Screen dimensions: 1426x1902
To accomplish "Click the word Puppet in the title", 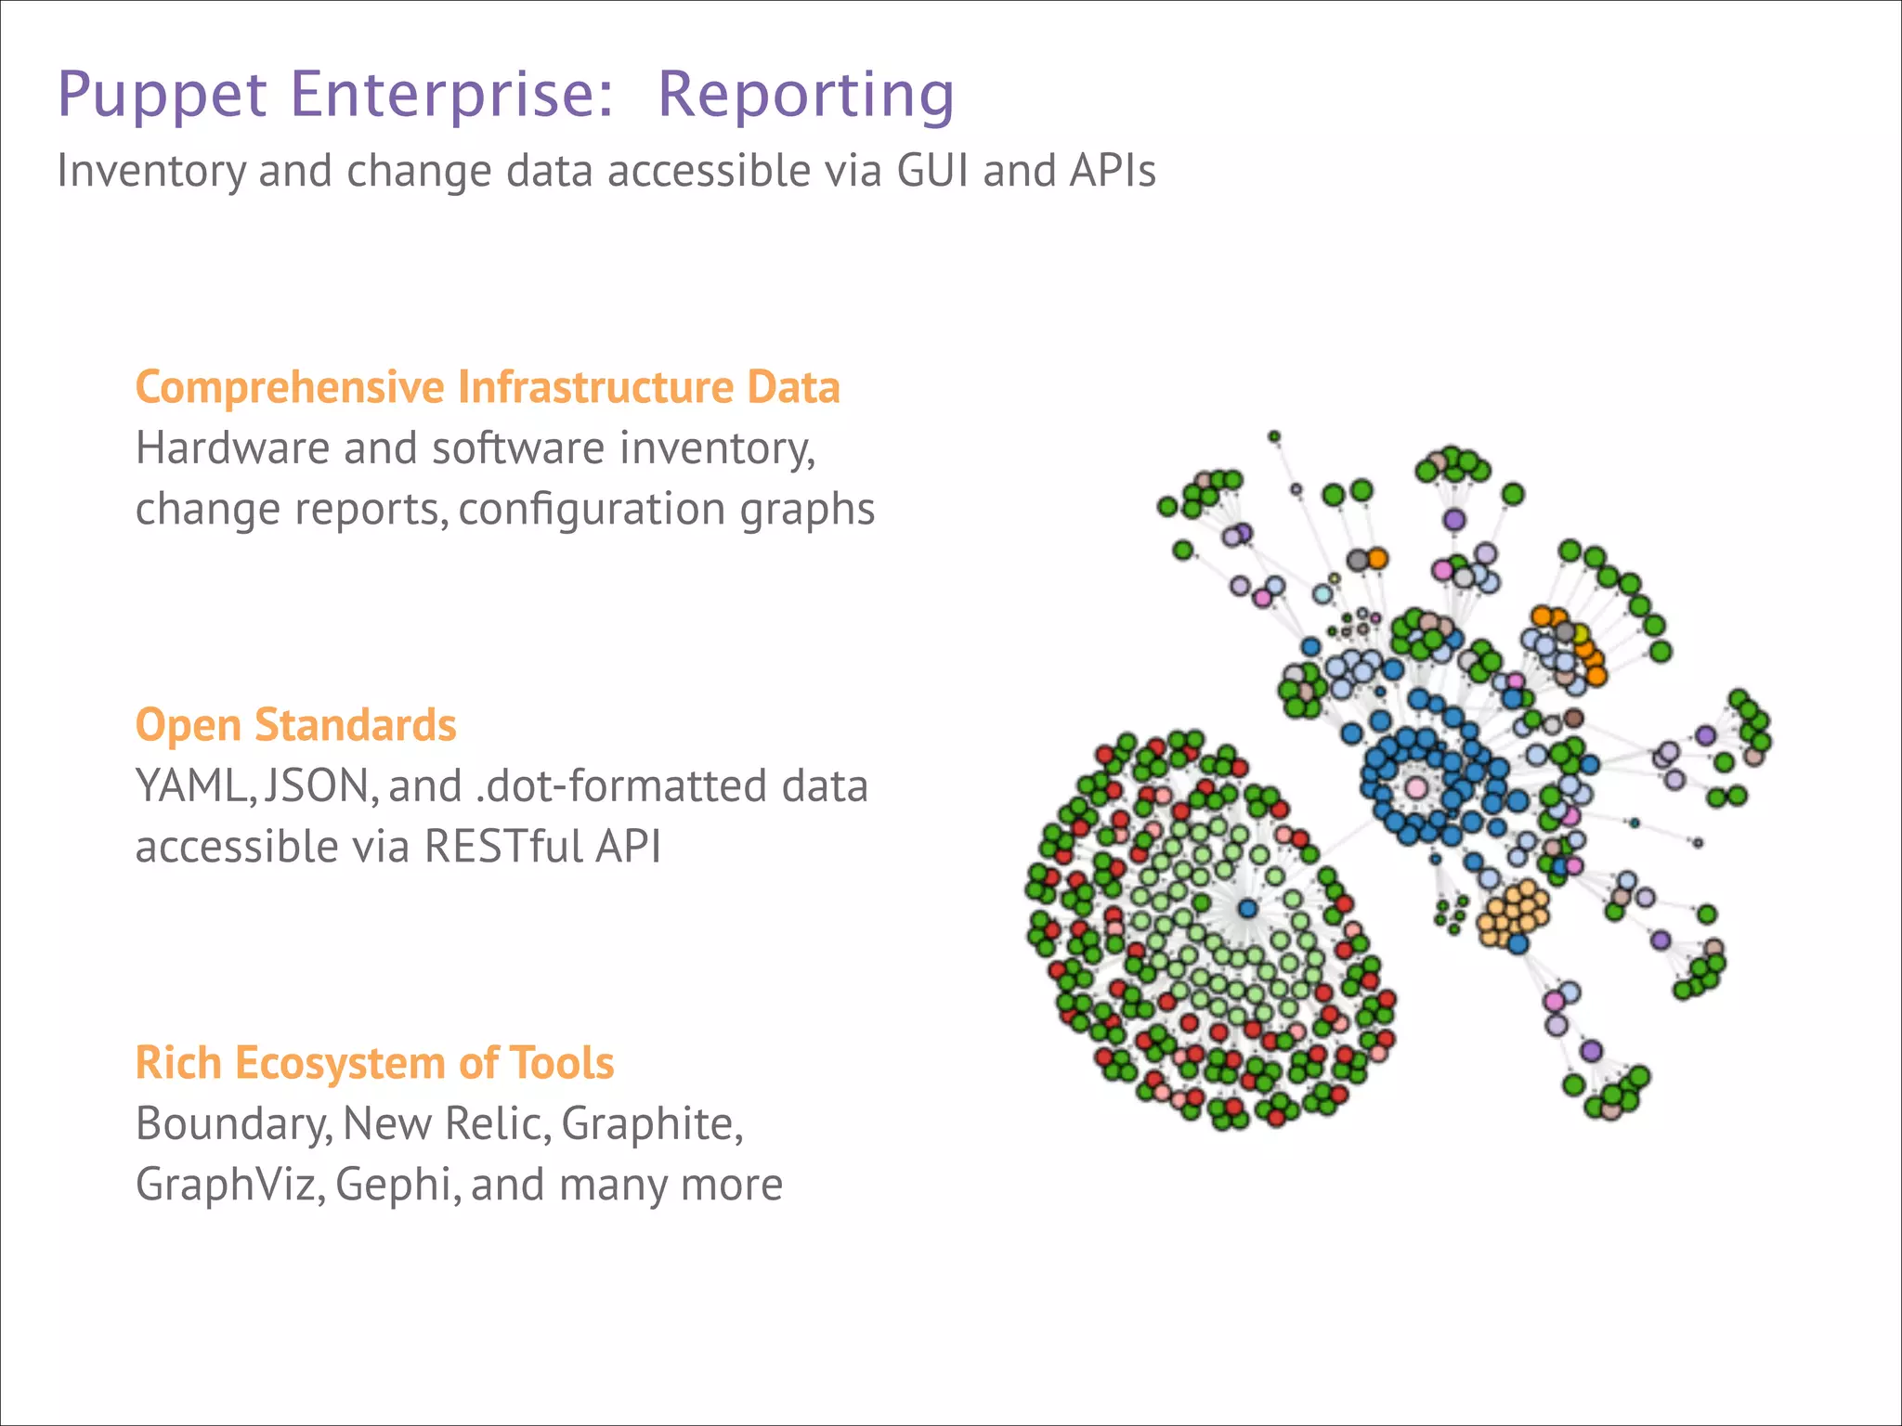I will [163, 95].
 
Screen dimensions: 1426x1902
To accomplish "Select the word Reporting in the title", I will [805, 95].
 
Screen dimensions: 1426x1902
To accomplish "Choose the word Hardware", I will [231, 448].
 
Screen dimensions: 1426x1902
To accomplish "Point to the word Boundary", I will [233, 1124].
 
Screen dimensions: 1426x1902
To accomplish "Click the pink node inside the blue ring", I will [1415, 788].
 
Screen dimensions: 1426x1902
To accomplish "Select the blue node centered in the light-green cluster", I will [1247, 908].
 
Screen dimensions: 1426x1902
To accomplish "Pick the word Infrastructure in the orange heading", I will [594, 388].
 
